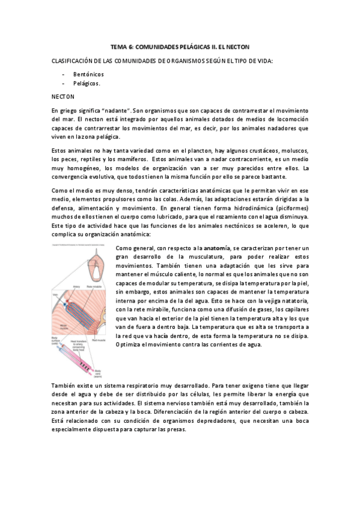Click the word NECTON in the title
(236, 47)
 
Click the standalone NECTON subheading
(63, 96)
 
